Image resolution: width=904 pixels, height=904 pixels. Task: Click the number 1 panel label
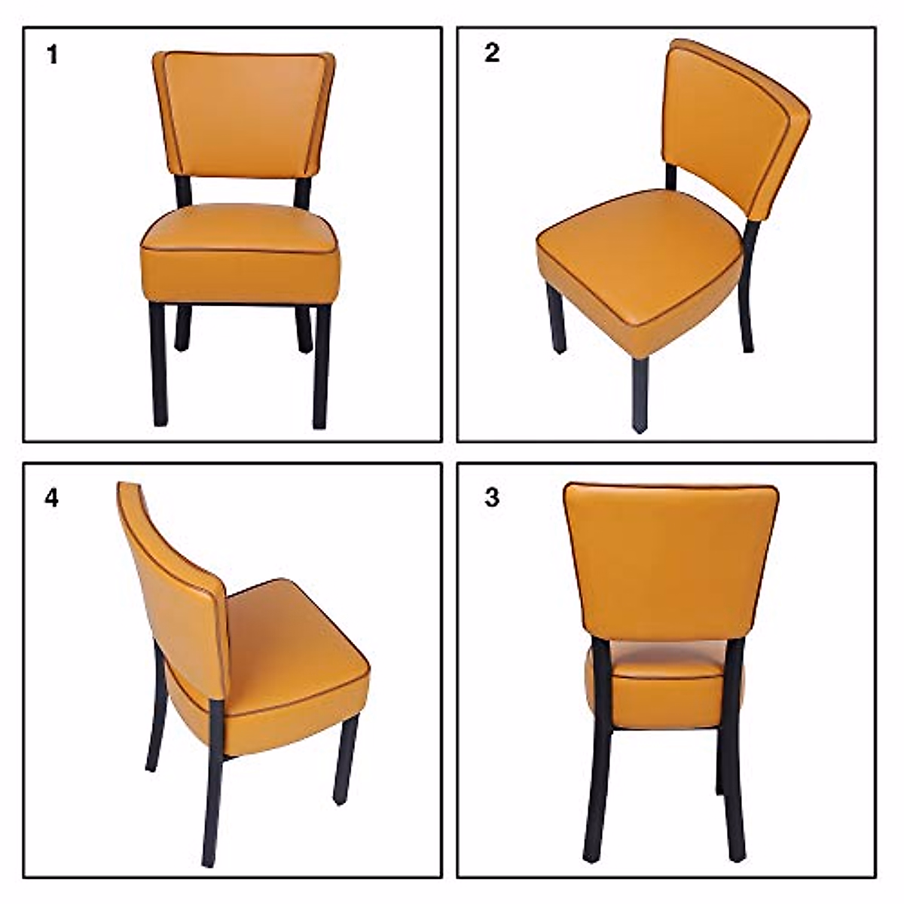coord(52,55)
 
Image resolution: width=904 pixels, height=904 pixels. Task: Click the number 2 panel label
coord(492,53)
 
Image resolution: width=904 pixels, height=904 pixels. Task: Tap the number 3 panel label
coord(492,498)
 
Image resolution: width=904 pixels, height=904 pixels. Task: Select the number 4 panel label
coord(51,498)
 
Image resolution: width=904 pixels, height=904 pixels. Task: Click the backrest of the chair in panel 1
coord(243,113)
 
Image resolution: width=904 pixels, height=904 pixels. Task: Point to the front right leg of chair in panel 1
coord(322,365)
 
